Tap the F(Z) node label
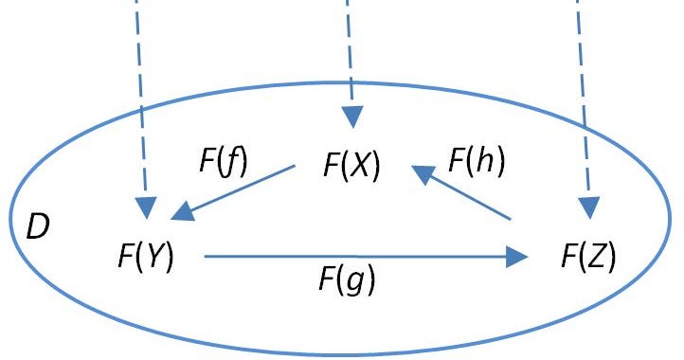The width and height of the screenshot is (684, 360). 587,256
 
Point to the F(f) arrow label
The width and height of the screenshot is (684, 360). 223,161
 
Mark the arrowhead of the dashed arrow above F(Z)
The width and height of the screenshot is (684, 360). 590,206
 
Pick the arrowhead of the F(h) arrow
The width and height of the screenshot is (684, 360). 420,172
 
